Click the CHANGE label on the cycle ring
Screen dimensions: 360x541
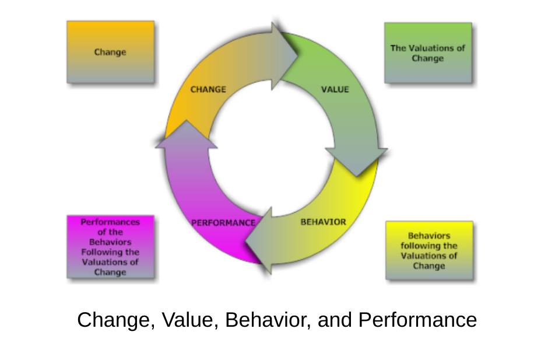208,90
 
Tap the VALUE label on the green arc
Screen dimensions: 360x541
335,90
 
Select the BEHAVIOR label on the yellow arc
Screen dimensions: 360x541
323,222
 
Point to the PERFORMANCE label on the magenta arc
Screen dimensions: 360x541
223,222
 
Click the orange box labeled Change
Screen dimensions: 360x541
110,52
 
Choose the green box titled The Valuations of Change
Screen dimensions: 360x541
428,53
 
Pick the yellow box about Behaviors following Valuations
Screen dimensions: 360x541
429,250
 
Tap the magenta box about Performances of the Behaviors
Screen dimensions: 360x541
110,247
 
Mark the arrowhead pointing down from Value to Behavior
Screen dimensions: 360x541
356,160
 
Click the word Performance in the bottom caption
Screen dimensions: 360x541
417,320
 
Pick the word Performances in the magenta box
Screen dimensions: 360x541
110,222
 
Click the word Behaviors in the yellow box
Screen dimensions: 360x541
429,236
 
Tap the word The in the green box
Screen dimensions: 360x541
398,48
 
